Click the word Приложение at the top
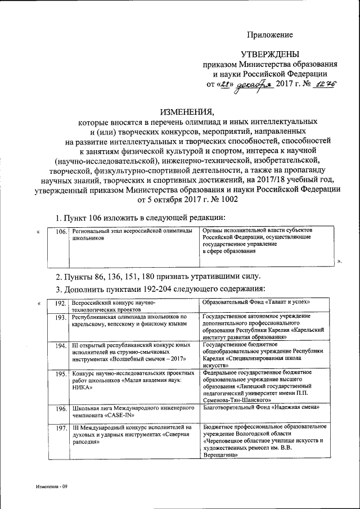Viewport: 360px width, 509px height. [x=269, y=35]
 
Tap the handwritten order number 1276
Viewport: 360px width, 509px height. [x=323, y=84]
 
